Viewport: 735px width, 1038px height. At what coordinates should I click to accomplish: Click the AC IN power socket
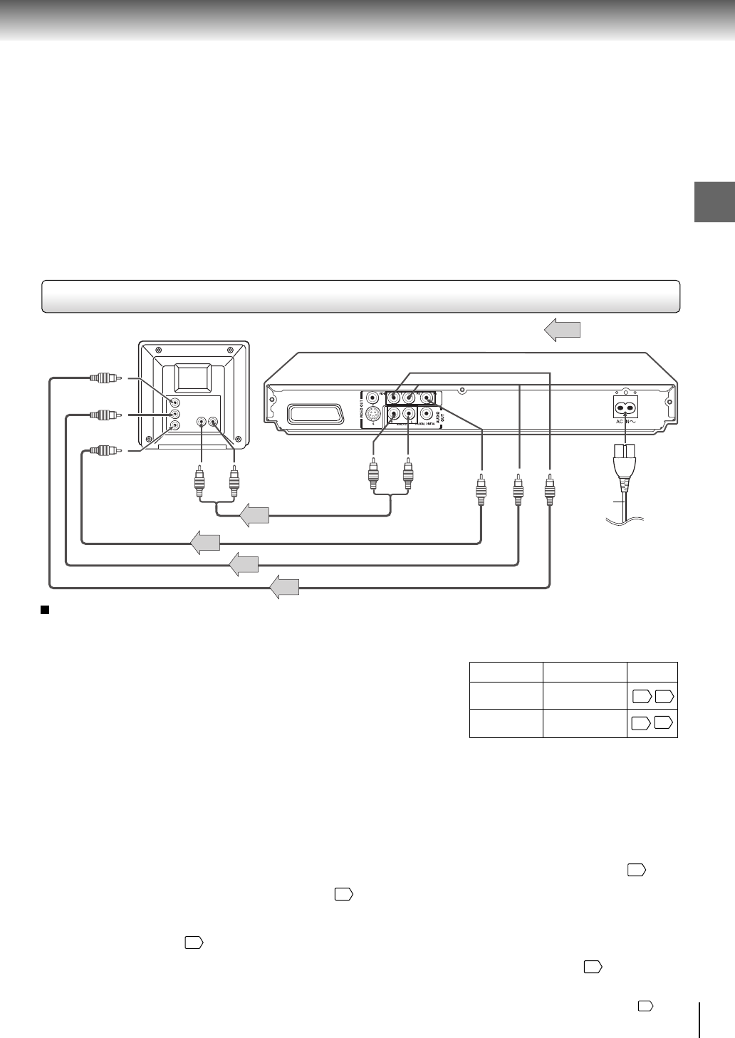(x=625, y=408)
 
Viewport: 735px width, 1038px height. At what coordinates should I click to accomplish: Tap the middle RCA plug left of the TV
(x=104, y=414)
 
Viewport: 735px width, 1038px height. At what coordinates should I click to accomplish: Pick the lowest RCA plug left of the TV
(x=104, y=450)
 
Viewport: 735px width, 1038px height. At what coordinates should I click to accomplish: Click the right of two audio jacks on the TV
(x=212, y=422)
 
